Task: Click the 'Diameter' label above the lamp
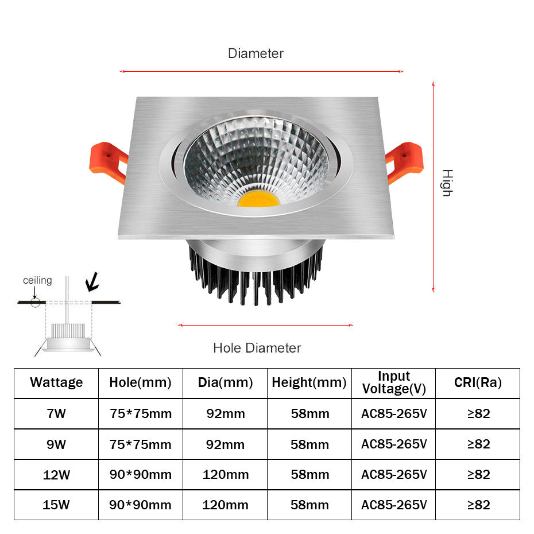pos(256,53)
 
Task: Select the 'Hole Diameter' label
pos(257,347)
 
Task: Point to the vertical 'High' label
pos(447,183)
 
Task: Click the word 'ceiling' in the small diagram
pos(37,280)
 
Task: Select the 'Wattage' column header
pos(56,382)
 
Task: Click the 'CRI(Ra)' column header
pos(478,382)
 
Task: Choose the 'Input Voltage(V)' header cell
pos(394,382)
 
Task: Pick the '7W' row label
pos(56,413)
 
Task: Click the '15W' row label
pos(56,505)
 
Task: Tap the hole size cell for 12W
pos(140,474)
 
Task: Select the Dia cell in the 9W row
pos(225,444)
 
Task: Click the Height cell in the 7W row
pos(309,413)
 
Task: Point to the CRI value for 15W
pos(478,505)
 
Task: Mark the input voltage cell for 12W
pos(394,474)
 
